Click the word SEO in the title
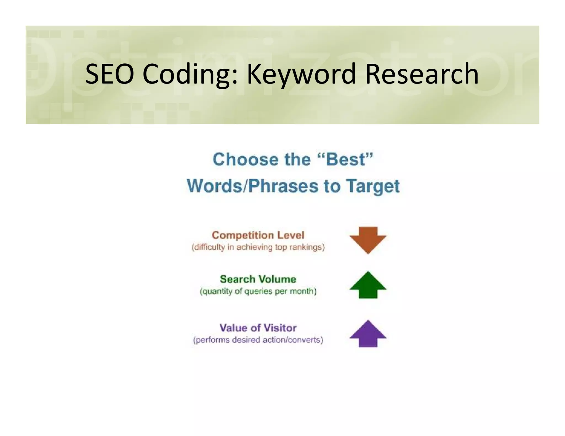tap(110, 74)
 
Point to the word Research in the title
tap(422, 74)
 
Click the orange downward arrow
tap(368, 239)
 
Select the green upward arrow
tap(368, 285)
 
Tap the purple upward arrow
tap(368, 334)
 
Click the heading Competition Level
tap(258, 235)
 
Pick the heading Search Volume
tap(258, 279)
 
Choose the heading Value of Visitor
tap(258, 328)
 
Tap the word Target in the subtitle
tap(373, 186)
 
